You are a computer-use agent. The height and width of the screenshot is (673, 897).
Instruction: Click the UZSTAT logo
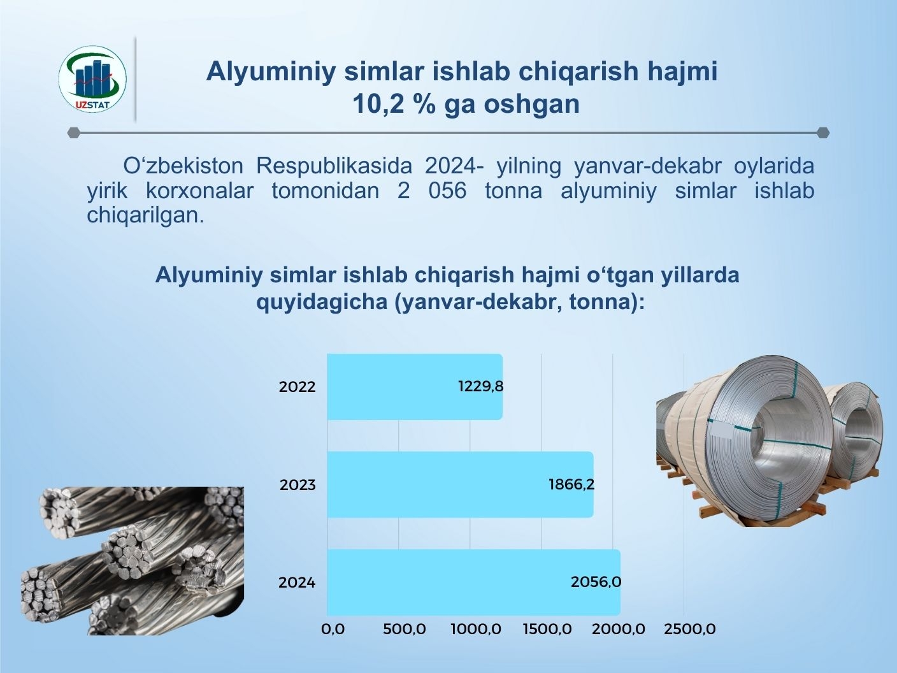point(92,79)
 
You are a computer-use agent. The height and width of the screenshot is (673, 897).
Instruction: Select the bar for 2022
point(415,387)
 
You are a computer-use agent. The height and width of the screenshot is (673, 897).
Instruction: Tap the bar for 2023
point(460,484)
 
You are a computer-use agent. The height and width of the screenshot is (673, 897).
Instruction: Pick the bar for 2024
point(473,583)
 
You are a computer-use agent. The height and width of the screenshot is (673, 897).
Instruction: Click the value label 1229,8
point(481,386)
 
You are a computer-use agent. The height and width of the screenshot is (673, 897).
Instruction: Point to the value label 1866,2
point(571,484)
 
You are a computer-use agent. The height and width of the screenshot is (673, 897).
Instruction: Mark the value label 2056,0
point(596,582)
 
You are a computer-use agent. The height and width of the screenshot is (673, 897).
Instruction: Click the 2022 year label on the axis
point(297,387)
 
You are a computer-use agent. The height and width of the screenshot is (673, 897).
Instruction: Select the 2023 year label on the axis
point(298,485)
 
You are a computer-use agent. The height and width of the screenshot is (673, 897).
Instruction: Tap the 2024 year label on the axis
point(297,583)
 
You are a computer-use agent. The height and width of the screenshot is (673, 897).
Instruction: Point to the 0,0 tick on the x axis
point(333,629)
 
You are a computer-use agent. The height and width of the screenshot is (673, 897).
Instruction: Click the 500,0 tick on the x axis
point(404,629)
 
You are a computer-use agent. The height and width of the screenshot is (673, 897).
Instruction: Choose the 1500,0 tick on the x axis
point(547,629)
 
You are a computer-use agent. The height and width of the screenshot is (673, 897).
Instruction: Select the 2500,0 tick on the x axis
point(690,629)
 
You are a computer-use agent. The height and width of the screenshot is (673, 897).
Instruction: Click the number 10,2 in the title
point(376,104)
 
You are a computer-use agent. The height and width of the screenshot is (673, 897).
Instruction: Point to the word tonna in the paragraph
point(513,191)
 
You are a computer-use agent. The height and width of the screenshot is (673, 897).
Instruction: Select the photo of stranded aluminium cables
point(133,561)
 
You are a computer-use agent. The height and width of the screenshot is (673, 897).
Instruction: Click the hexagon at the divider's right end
point(823,133)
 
